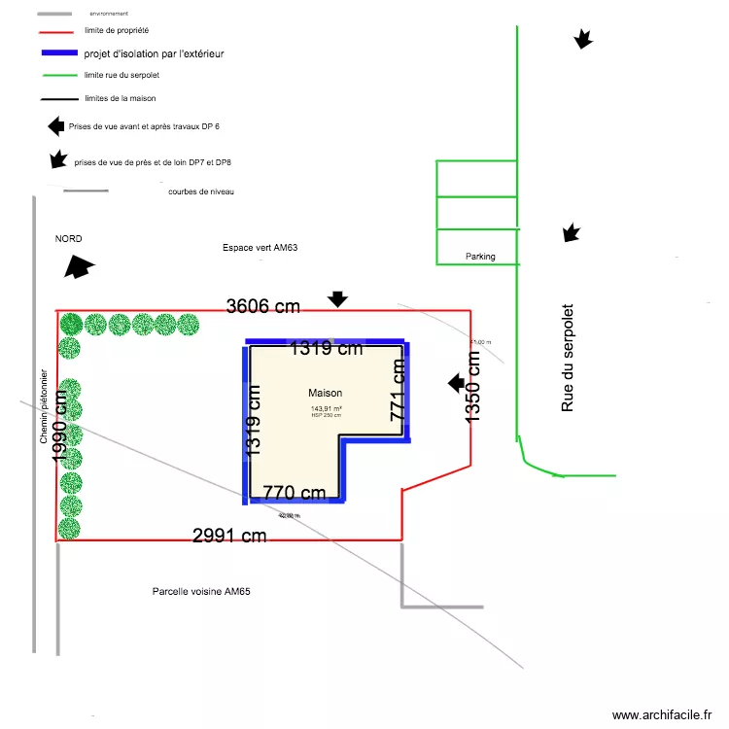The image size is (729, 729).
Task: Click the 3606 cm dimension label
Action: [x=263, y=306]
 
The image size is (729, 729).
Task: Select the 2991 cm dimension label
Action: [x=229, y=536]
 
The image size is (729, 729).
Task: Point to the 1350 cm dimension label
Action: [x=473, y=386]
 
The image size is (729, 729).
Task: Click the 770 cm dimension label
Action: [x=295, y=493]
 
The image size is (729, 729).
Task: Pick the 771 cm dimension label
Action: [x=398, y=390]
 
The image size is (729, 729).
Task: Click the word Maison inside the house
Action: [x=326, y=393]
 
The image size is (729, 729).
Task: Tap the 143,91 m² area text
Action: [x=326, y=409]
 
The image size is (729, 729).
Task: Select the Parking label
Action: [x=480, y=257]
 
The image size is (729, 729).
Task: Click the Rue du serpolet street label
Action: [x=569, y=357]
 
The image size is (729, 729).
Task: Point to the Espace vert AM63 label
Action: [x=260, y=249]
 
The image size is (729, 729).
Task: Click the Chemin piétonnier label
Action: [x=44, y=406]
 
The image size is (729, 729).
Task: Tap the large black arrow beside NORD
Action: [x=79, y=267]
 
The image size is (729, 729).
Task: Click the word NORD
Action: [x=69, y=239]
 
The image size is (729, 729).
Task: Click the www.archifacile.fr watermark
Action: [x=661, y=714]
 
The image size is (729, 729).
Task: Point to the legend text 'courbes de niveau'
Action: [x=201, y=191]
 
